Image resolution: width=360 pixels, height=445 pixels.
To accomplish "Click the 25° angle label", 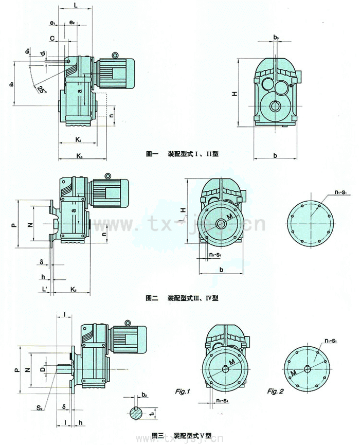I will (x=41, y=90).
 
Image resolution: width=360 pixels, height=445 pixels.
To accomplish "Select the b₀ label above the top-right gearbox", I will (x=276, y=38).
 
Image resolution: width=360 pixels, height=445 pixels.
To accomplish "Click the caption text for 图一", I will (x=183, y=153).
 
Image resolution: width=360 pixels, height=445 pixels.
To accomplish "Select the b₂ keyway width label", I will (x=145, y=395).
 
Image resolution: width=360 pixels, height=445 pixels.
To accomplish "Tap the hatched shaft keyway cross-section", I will (x=136, y=412).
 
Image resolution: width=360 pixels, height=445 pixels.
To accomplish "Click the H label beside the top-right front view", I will (x=234, y=94).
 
